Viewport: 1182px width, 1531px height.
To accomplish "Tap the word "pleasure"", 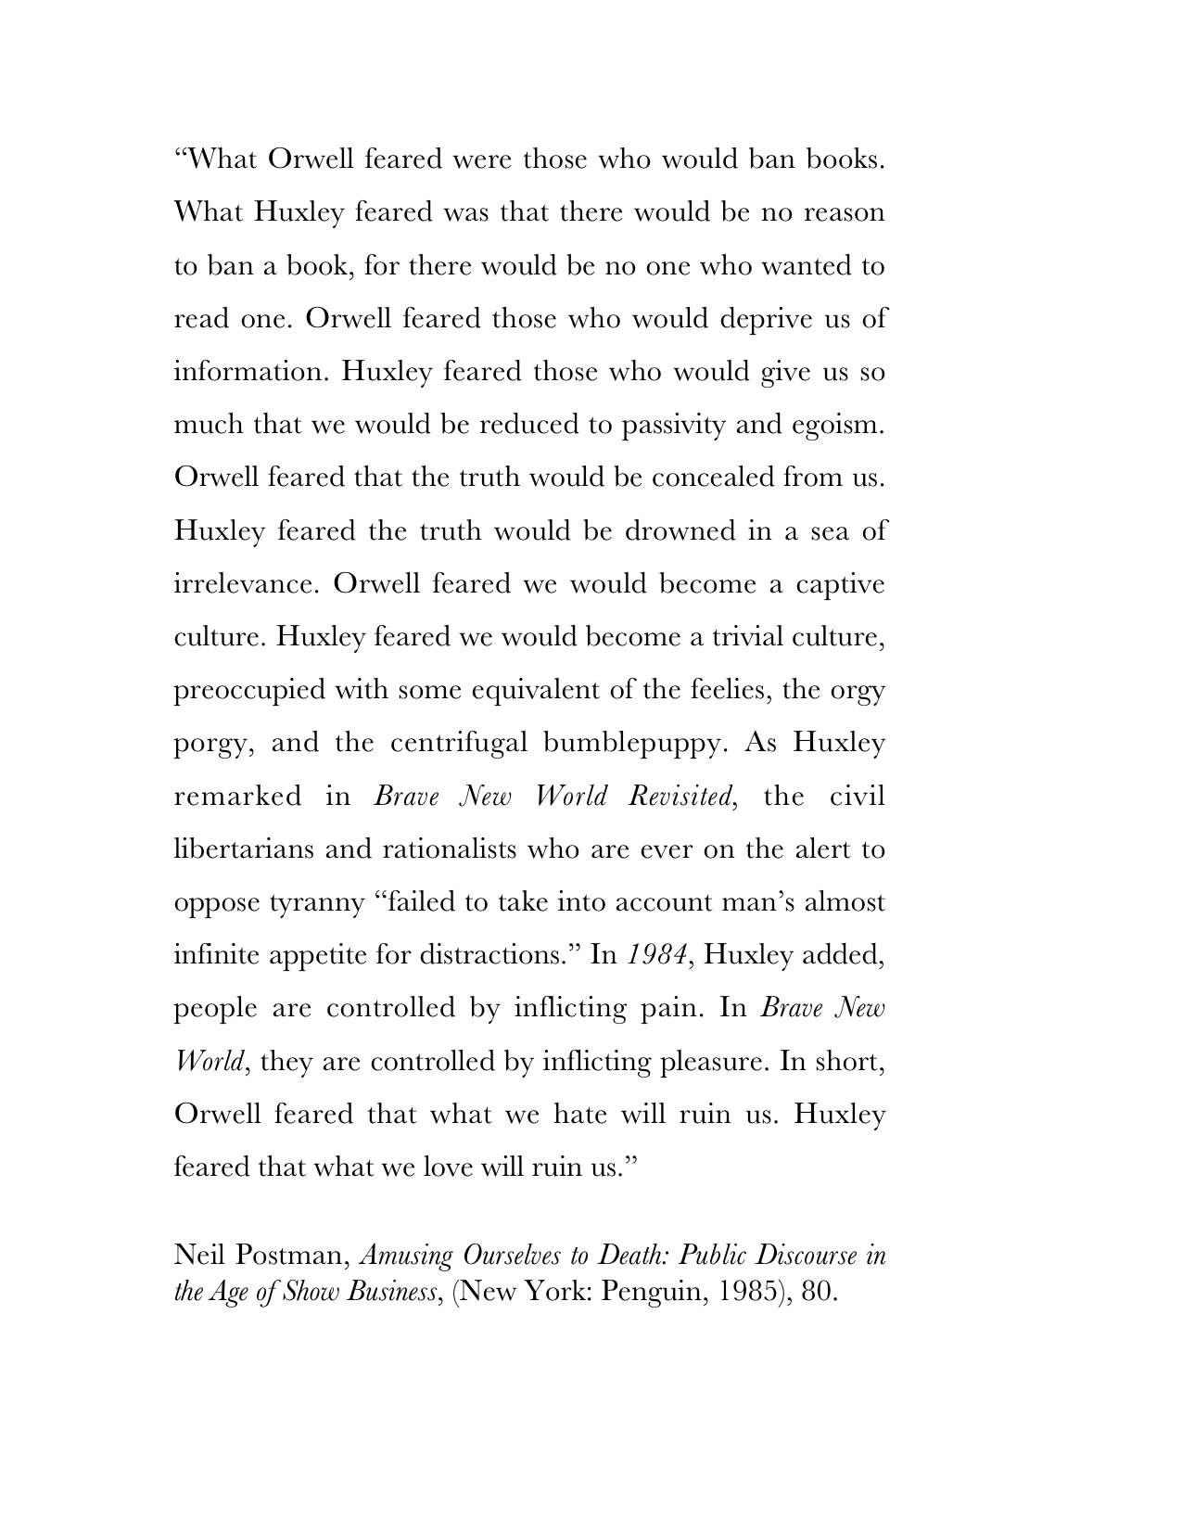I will click(713, 1062).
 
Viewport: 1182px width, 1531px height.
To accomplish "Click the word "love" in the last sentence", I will click(449, 1167).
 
